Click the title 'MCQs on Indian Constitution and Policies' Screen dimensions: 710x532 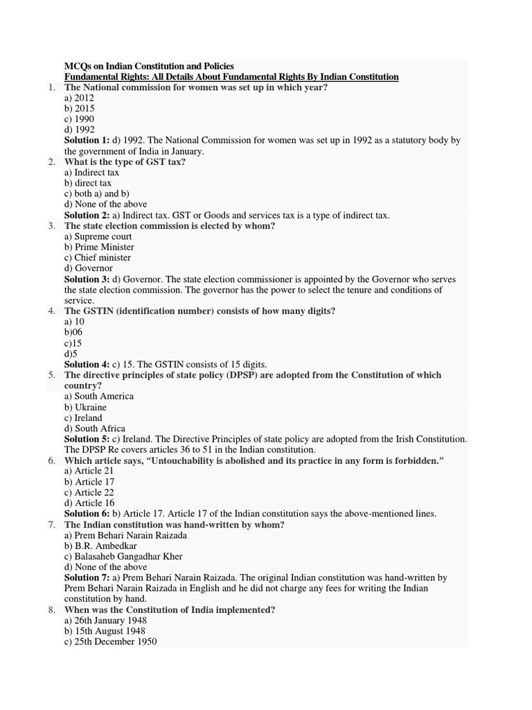[x=149, y=66]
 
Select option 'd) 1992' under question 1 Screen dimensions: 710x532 [x=80, y=130]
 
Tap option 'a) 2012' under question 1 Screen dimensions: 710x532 [x=80, y=98]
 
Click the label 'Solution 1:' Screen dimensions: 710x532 [x=87, y=140]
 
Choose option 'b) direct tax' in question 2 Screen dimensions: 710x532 [x=88, y=183]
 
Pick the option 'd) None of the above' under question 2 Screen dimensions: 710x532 [x=105, y=204]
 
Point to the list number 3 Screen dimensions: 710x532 [x=52, y=226]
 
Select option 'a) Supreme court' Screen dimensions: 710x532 [x=98, y=236]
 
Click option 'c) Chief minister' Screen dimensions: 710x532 [x=98, y=257]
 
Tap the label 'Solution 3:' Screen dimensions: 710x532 [x=87, y=279]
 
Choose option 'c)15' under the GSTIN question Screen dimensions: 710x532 [x=73, y=343]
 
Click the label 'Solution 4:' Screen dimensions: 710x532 [x=87, y=364]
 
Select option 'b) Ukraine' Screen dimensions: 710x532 [x=85, y=407]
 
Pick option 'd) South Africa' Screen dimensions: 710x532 [x=95, y=428]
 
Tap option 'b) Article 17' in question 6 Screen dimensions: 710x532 [x=89, y=482]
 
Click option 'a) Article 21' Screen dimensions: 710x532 [x=89, y=471]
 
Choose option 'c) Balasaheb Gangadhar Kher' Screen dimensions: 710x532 [x=123, y=556]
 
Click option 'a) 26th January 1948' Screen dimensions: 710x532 [x=105, y=621]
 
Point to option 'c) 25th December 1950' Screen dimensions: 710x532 [x=110, y=641]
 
